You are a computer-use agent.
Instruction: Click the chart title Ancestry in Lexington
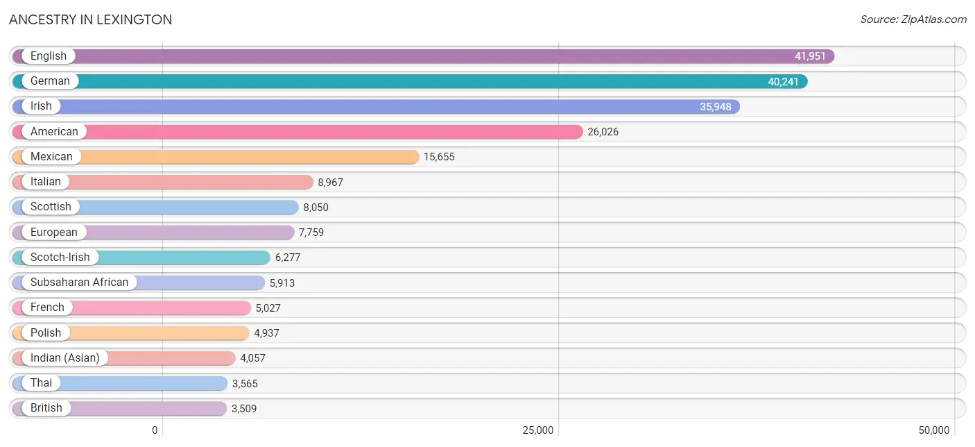[91, 19]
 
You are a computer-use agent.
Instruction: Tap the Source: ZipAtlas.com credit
[913, 19]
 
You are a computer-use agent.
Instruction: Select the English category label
[49, 56]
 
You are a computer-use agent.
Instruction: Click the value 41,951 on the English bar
[810, 56]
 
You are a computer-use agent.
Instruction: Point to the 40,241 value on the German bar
[783, 81]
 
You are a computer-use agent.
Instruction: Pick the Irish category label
[41, 106]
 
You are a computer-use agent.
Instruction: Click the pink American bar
[297, 132]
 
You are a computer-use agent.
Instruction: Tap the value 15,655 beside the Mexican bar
[439, 157]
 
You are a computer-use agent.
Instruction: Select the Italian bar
[163, 182]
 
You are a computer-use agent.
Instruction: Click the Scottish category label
[51, 207]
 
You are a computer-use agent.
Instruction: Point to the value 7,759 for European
[311, 233]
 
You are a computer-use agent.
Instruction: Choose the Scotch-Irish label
[60, 257]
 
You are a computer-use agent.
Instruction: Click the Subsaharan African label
[79, 282]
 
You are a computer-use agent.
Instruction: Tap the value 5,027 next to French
[268, 308]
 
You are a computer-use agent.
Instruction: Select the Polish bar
[130, 333]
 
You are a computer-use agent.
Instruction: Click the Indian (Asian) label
[65, 357]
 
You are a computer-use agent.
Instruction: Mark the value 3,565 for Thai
[245, 383]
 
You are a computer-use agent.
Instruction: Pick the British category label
[46, 408]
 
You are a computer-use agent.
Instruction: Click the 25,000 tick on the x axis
[538, 430]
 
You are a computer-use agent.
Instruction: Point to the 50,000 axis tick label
[934, 430]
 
